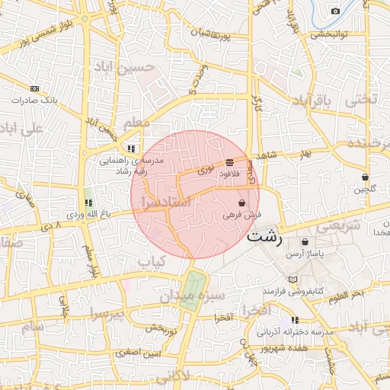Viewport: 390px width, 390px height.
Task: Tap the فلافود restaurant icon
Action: click(x=229, y=162)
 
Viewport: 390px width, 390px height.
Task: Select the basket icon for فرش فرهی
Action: click(x=241, y=203)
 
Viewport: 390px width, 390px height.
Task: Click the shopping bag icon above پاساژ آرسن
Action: click(x=305, y=241)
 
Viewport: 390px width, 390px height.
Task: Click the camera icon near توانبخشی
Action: click(x=335, y=11)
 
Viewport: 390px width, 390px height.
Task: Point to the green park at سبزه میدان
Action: click(x=192, y=289)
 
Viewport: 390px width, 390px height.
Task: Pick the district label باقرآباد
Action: click(x=314, y=102)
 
